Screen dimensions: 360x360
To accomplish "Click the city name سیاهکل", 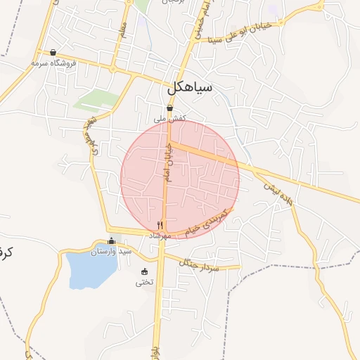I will pyautogui.click(x=191, y=89).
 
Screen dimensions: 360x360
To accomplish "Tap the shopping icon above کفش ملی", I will pyautogui.click(x=169, y=108).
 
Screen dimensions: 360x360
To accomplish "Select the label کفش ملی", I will pyautogui.click(x=169, y=119).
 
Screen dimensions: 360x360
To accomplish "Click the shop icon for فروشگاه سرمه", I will pyautogui.click(x=53, y=52).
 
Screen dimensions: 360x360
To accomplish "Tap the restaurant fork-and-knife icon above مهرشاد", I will pyautogui.click(x=161, y=225).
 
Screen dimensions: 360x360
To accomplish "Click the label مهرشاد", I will pyautogui.click(x=160, y=236).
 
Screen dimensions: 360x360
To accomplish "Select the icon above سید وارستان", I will pyautogui.click(x=111, y=240).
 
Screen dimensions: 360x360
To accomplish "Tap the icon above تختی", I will pyautogui.click(x=145, y=272).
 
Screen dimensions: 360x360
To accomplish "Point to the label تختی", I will pyautogui.click(x=144, y=283).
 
